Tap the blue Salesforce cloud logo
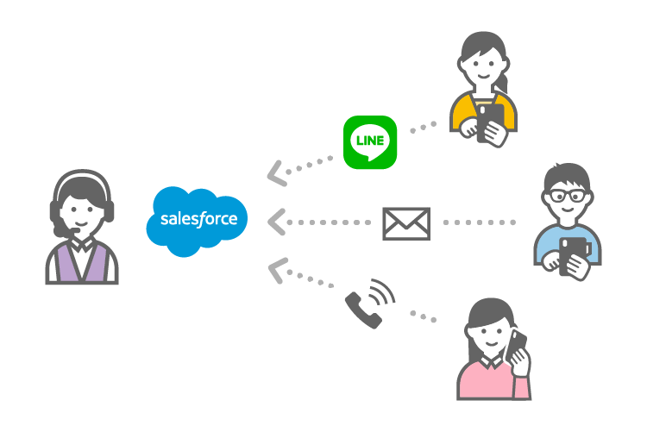click(198, 220)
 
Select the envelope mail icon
click(405, 222)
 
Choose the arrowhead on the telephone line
click(277, 269)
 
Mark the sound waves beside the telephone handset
click(382, 294)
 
